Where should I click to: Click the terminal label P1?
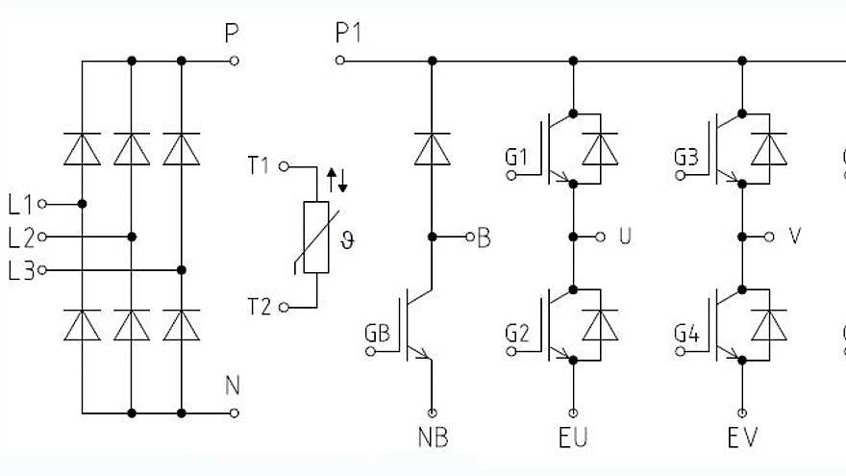coord(348,35)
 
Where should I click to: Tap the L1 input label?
coord(20,204)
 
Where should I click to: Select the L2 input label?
coord(20,237)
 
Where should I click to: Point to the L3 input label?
coord(20,270)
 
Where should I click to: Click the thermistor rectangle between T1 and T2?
coord(316,238)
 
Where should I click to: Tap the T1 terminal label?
coord(258,166)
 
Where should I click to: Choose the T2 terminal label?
coord(258,307)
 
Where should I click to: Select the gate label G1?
coord(516,157)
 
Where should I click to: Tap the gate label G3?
coord(685,157)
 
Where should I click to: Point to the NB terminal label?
coord(433,438)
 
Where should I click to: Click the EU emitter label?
coord(573,438)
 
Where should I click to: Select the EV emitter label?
coord(743,438)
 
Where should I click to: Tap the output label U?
coord(625,237)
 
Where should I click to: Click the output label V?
coord(794,237)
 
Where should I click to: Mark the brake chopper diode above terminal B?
coord(433,149)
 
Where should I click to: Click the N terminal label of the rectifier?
coord(232,387)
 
